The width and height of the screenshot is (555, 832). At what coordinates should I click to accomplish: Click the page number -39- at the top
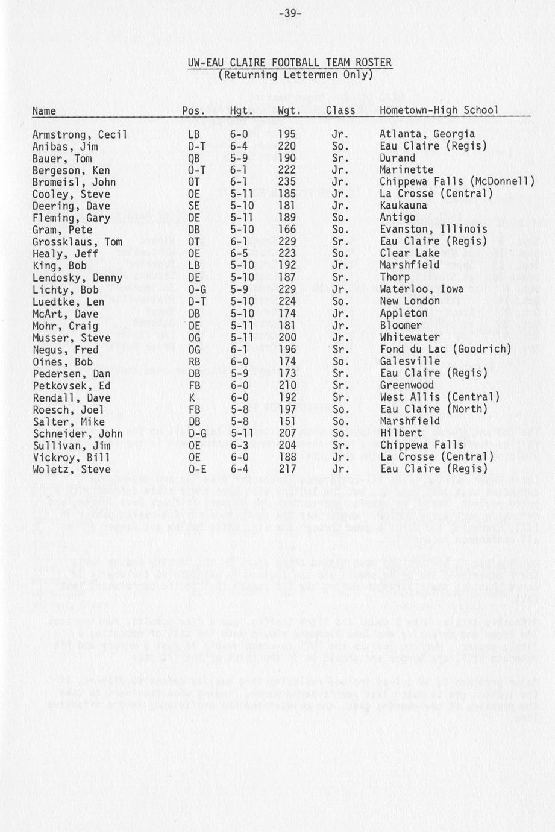click(x=289, y=13)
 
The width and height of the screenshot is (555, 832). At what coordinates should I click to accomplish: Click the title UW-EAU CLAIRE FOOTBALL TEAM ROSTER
click(x=289, y=63)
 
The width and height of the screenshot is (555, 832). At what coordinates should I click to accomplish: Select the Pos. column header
click(x=193, y=110)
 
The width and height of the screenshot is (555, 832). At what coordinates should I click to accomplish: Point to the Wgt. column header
click(x=289, y=110)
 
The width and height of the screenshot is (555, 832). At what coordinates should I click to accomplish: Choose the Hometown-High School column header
click(x=439, y=110)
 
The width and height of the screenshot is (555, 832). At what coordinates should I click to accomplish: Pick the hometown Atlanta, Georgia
click(x=427, y=134)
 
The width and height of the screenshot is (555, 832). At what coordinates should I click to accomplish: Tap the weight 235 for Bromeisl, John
click(x=287, y=182)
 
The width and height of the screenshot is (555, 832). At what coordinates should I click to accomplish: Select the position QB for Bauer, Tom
click(x=193, y=159)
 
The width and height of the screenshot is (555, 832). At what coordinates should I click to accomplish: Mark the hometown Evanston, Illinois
click(x=433, y=230)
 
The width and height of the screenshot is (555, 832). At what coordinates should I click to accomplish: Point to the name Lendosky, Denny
click(x=77, y=278)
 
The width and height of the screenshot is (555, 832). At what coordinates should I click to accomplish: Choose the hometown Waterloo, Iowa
click(x=421, y=289)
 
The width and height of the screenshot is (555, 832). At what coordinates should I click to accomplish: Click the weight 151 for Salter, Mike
click(x=287, y=421)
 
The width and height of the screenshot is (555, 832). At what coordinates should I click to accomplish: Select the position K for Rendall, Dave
click(x=191, y=397)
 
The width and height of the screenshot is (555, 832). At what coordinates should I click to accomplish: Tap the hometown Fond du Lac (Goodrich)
click(x=445, y=349)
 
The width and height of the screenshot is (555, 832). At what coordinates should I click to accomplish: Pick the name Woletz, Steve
click(x=71, y=470)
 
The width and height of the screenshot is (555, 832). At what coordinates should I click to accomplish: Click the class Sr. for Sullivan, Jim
click(x=340, y=445)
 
